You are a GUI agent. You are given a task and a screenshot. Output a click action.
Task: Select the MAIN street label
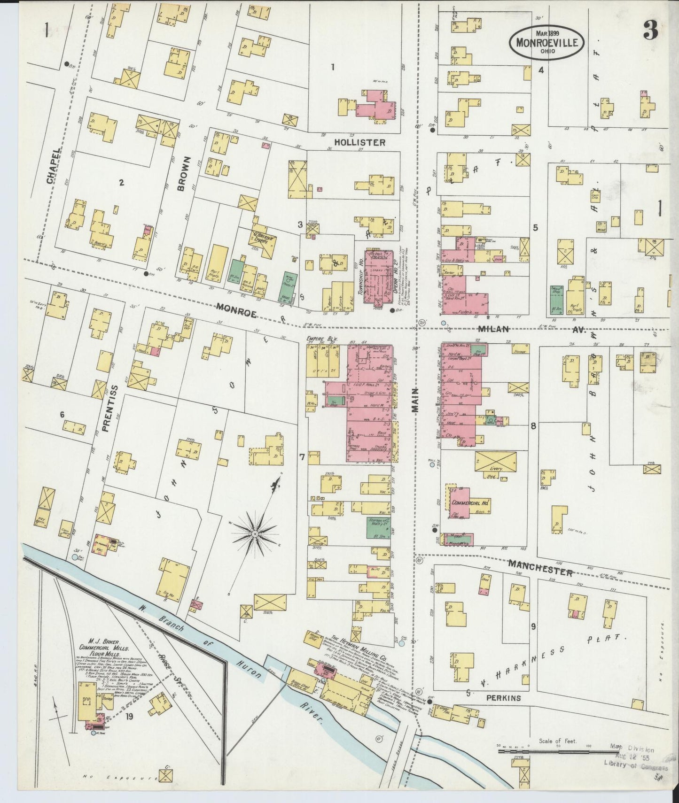click(x=416, y=402)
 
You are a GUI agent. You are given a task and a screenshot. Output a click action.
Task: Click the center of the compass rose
click(x=254, y=534)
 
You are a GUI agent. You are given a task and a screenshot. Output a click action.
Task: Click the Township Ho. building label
click(x=361, y=277)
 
